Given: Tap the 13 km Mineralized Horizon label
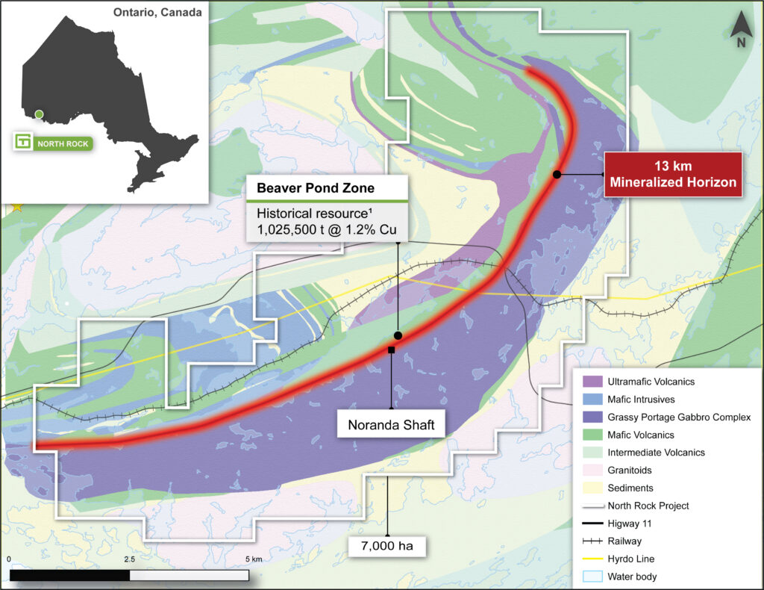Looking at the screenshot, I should coord(673,174).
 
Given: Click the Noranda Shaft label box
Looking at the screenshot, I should coord(391,426).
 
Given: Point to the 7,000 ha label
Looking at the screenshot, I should coord(387,545).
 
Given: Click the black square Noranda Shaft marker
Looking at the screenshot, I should coord(391,350).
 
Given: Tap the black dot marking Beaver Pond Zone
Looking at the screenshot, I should coord(398,335).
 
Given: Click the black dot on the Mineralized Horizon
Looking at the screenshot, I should coord(557,174).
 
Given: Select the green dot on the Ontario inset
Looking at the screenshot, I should coord(39,114).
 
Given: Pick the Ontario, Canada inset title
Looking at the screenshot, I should coord(157,13).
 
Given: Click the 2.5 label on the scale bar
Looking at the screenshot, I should coord(129,559).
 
